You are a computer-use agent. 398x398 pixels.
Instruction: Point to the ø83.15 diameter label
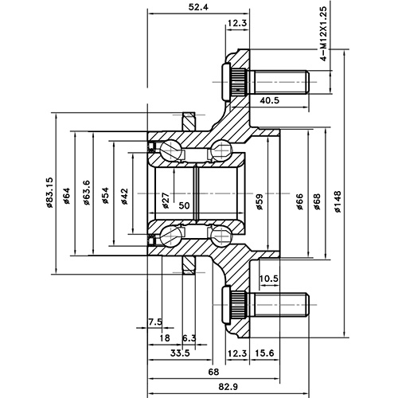49,193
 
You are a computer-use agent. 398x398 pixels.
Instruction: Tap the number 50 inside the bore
185,205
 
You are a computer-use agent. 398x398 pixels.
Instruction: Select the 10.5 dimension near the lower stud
268,279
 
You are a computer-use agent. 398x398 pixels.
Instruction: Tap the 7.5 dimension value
155,322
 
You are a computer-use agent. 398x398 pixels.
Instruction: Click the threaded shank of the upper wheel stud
279,81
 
